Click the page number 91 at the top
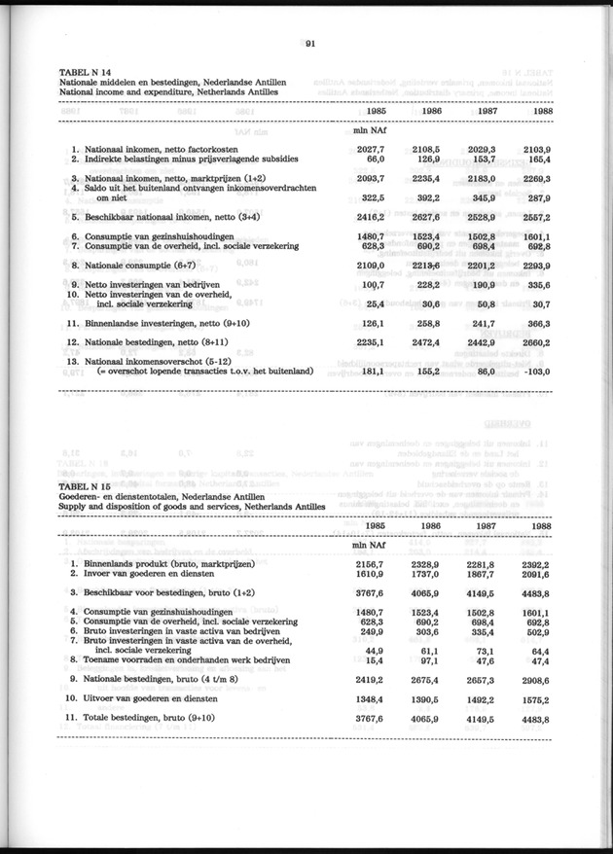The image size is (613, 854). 308,44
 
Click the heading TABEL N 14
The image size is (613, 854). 86,74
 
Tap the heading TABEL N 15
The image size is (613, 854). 86,486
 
